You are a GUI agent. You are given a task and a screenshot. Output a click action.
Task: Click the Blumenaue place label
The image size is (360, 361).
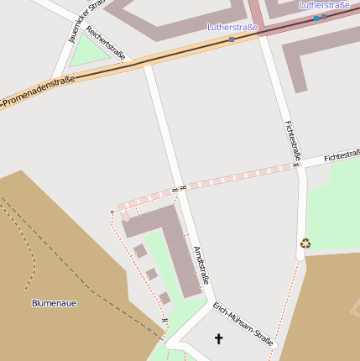click(54, 302)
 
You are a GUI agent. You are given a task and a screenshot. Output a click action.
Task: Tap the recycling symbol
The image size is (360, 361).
click(305, 243)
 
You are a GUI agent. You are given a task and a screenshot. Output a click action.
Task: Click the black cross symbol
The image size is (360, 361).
click(220, 338)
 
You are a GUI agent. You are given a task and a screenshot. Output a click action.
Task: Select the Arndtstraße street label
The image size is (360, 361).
click(201, 264)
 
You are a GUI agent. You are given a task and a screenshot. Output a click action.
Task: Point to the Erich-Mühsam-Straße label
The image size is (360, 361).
click(243, 324)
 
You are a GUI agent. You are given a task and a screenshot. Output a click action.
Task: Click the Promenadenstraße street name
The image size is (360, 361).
click(39, 92)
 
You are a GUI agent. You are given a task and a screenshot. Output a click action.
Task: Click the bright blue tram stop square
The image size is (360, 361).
click(316, 18)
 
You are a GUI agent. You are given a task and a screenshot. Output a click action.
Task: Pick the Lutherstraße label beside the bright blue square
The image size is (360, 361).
click(325, 6)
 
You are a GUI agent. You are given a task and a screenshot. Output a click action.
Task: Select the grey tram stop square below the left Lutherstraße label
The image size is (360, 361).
click(232, 38)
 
